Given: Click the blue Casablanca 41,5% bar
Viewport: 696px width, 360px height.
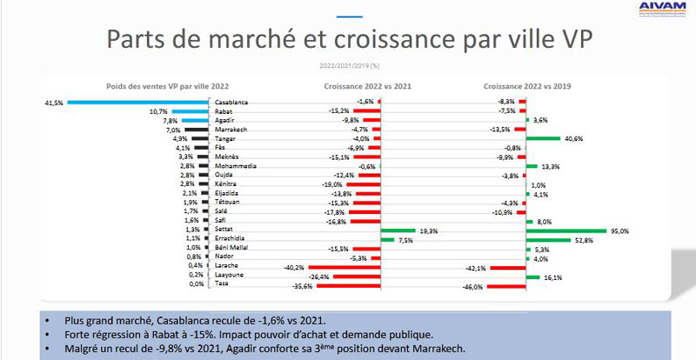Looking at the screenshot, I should [139, 102].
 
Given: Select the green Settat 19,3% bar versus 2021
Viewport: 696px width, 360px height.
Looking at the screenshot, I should [399, 230].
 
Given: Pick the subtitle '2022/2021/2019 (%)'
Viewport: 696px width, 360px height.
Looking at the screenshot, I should [348, 64].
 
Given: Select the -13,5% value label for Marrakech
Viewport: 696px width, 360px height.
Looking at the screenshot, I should [499, 130].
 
